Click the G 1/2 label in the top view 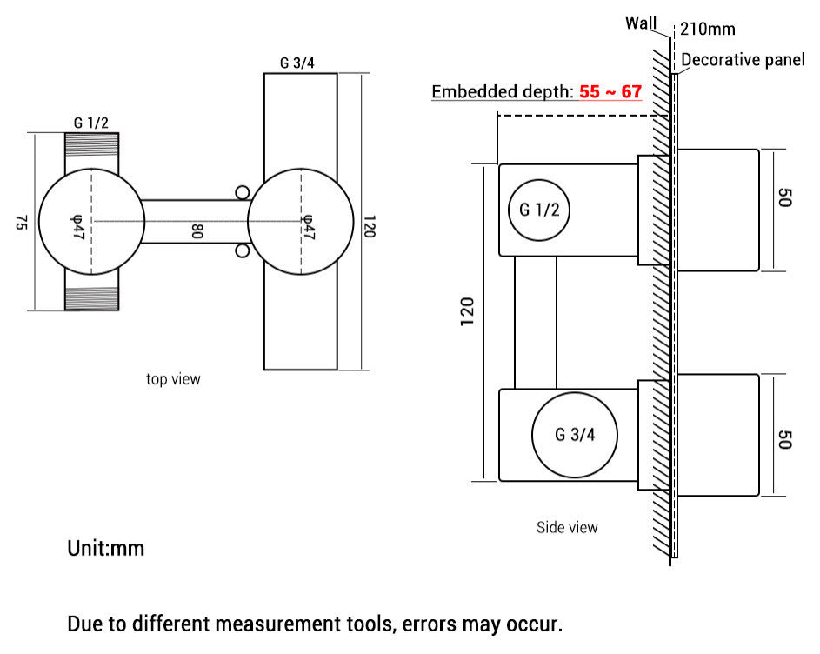click(90, 123)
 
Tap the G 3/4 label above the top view click(297, 63)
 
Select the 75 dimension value click(20, 223)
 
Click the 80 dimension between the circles click(197, 232)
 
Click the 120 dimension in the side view click(467, 312)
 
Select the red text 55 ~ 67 click(610, 91)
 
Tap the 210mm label click(707, 29)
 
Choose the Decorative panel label click(743, 60)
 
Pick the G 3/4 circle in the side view click(574, 434)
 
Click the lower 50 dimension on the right click(783, 438)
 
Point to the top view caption click(173, 379)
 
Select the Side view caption click(567, 527)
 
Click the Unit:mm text click(106, 549)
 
